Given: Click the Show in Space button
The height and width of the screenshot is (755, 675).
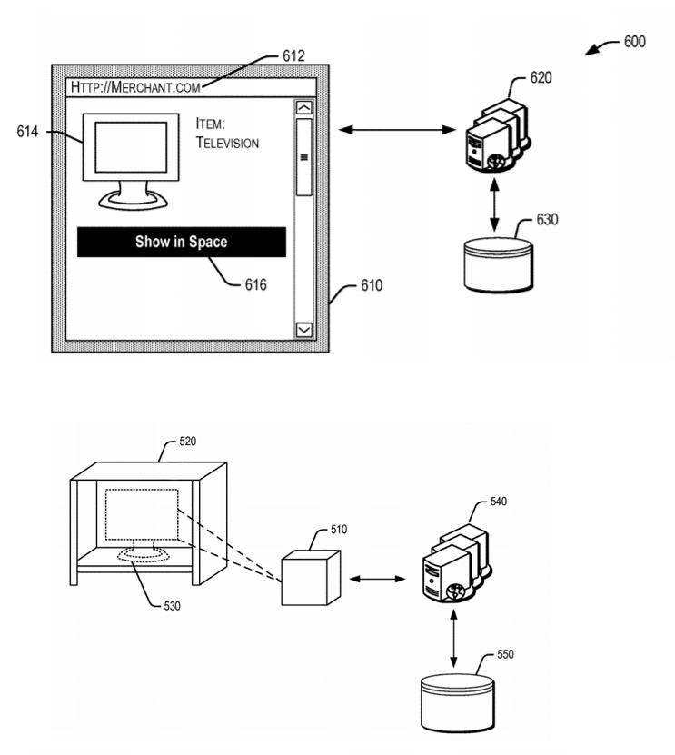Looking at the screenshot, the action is coord(182,242).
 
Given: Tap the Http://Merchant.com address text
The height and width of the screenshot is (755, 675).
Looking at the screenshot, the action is coord(135,87).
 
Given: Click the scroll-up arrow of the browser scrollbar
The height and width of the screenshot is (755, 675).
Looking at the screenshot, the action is coord(303,108).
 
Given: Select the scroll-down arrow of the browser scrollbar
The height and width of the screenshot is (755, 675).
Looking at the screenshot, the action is coord(303,330).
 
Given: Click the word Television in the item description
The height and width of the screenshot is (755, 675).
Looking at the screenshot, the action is coord(227,143).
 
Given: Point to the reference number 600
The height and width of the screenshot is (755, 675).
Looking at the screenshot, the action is coord(634,42).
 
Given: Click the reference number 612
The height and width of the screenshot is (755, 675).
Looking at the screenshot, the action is coord(293,56).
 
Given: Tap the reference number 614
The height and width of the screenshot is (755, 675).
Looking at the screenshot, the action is coord(27,132).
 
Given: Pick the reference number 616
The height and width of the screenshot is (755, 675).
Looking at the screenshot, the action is coord(255,285).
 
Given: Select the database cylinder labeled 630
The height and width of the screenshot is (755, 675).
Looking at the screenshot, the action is coord(499,264).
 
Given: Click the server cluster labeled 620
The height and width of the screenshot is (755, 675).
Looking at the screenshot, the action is coord(498,135).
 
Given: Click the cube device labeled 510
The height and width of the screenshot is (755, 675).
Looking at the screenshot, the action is coord(311,578).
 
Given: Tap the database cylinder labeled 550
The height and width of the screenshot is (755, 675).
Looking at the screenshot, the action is coord(457,702).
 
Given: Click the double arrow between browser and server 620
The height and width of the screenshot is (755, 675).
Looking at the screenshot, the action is coord(397,130).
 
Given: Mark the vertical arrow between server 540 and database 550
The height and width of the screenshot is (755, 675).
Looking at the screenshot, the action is coord(453,639).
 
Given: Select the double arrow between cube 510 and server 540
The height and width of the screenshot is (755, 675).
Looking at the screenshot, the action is coord(377,578).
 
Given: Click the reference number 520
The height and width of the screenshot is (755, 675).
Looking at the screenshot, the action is coord(188,442).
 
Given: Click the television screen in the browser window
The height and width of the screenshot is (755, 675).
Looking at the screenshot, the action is coord(131,147).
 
